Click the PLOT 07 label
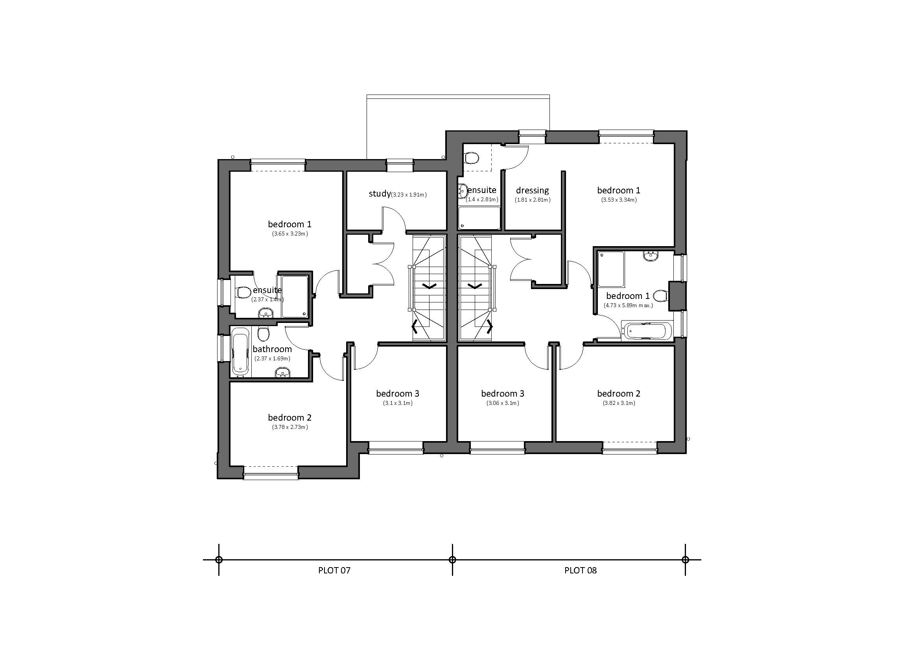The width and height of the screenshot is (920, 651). (x=334, y=570)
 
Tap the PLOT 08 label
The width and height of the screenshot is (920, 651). (x=580, y=570)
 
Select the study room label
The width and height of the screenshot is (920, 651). (x=380, y=194)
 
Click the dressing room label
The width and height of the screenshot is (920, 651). (x=532, y=190)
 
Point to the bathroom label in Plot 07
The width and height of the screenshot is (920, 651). (x=272, y=349)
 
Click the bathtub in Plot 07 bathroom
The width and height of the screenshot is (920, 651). (x=240, y=351)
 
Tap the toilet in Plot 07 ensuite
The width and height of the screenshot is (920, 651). (x=242, y=292)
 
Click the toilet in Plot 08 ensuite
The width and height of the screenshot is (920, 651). (x=472, y=158)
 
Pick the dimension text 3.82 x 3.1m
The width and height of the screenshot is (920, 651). (x=619, y=403)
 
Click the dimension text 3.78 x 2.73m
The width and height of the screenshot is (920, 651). (x=290, y=427)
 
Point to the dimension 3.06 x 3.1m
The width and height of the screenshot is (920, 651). (x=502, y=403)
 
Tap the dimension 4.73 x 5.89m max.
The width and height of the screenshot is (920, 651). (x=628, y=305)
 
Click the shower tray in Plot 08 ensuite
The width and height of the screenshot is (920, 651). (x=479, y=218)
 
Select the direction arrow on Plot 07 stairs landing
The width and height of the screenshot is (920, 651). (x=429, y=286)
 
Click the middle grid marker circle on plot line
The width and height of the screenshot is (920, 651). (x=452, y=560)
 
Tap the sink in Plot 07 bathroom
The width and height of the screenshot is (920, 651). (x=283, y=373)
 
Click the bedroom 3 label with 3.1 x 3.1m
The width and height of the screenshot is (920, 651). (x=398, y=393)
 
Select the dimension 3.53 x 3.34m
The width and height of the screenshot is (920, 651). (x=619, y=200)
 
